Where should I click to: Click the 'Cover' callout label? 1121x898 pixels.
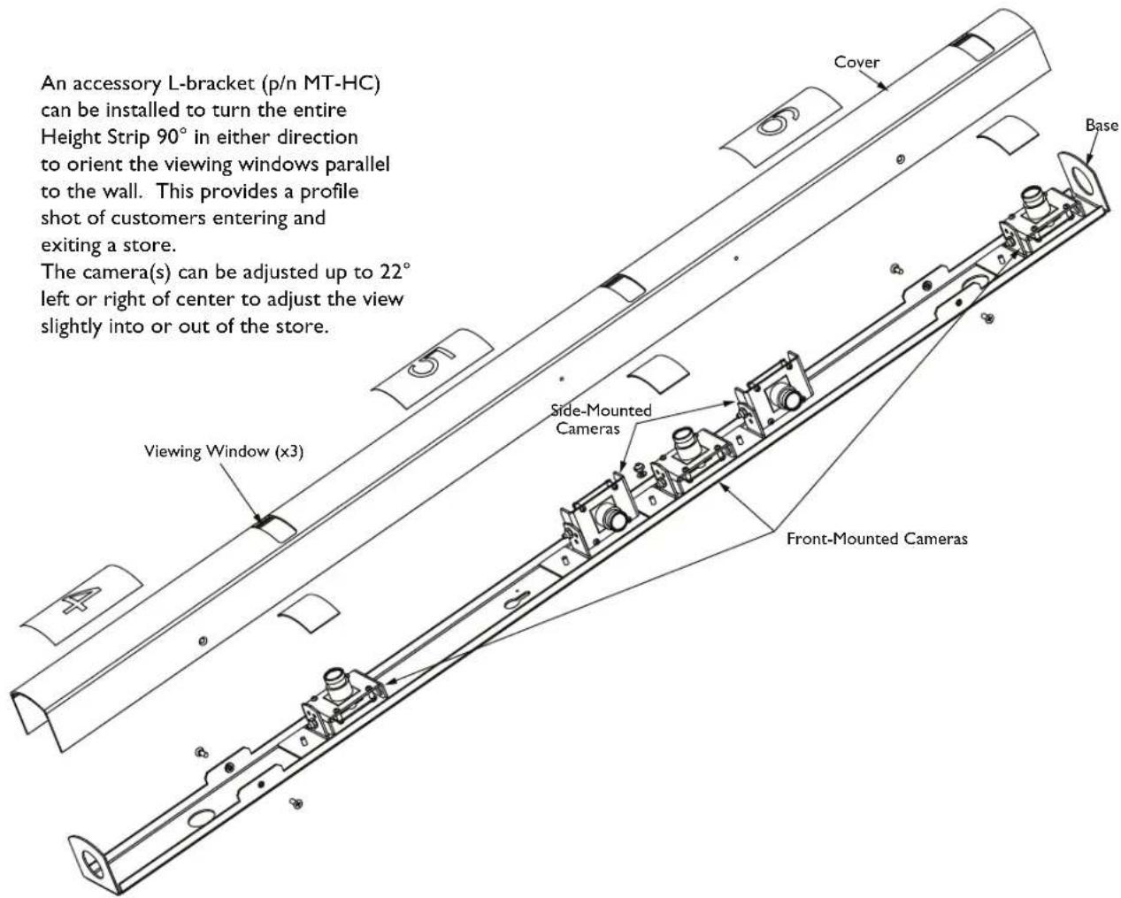click(x=856, y=62)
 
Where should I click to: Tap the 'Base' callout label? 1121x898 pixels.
click(x=1102, y=125)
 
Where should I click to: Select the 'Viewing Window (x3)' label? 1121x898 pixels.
click(x=224, y=451)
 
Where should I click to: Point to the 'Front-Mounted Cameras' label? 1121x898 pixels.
click(x=877, y=539)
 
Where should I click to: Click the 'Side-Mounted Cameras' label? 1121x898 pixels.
click(x=601, y=419)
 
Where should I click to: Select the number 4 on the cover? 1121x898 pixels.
click(x=81, y=600)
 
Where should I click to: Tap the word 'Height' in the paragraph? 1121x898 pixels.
click(x=71, y=137)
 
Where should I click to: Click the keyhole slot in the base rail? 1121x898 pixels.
click(x=518, y=599)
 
